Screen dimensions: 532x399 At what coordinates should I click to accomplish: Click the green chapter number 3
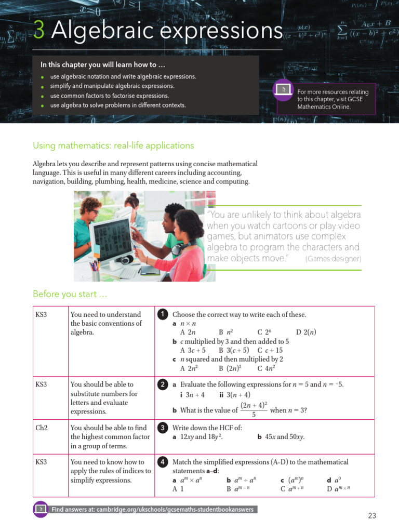pyautogui.click(x=39, y=31)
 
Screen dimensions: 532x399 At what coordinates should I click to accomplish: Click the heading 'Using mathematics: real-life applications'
pyautogui.click(x=113, y=145)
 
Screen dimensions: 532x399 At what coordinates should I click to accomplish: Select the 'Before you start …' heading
pyautogui.click(x=70, y=295)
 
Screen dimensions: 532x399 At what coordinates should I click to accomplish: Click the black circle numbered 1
pyautogui.click(x=162, y=315)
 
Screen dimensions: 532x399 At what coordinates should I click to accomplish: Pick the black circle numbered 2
pyautogui.click(x=162, y=385)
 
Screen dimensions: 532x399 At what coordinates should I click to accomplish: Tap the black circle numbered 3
pyautogui.click(x=162, y=428)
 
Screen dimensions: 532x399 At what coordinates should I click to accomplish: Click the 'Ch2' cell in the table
pyautogui.click(x=41, y=428)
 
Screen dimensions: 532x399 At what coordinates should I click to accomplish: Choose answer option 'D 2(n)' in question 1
pyautogui.click(x=306, y=332)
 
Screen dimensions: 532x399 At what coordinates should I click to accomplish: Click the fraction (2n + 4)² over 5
pyautogui.click(x=254, y=409)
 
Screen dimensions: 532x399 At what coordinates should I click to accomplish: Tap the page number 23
pyautogui.click(x=371, y=516)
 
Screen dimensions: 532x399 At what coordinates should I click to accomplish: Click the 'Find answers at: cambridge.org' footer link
pyautogui.click(x=152, y=510)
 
